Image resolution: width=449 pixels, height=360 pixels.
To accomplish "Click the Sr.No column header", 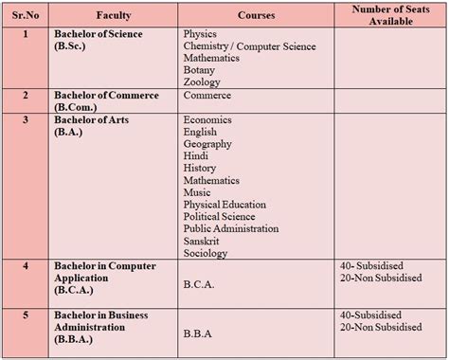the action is click(26, 15).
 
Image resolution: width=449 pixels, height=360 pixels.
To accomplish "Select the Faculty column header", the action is click(114, 15).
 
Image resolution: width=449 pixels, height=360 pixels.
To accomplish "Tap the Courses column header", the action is click(256, 15).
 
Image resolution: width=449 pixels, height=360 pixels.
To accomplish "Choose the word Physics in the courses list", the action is click(200, 34).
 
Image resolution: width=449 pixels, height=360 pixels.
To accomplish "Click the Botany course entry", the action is click(199, 70).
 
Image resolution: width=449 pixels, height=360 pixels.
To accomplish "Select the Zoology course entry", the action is click(202, 82).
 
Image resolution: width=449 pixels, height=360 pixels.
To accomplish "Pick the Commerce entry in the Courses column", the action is click(207, 96).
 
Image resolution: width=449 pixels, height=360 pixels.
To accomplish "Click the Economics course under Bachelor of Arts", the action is click(208, 119).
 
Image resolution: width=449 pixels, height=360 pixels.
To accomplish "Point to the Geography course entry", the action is click(209, 144).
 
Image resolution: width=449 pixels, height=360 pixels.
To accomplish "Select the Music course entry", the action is click(197, 192).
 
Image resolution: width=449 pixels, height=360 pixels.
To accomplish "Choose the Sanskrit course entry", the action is click(204, 241).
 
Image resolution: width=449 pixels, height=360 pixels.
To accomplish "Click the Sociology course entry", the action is click(206, 253).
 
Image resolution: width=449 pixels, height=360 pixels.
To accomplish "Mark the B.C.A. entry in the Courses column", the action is click(201, 281).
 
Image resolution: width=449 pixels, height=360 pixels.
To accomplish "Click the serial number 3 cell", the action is click(26, 119).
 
